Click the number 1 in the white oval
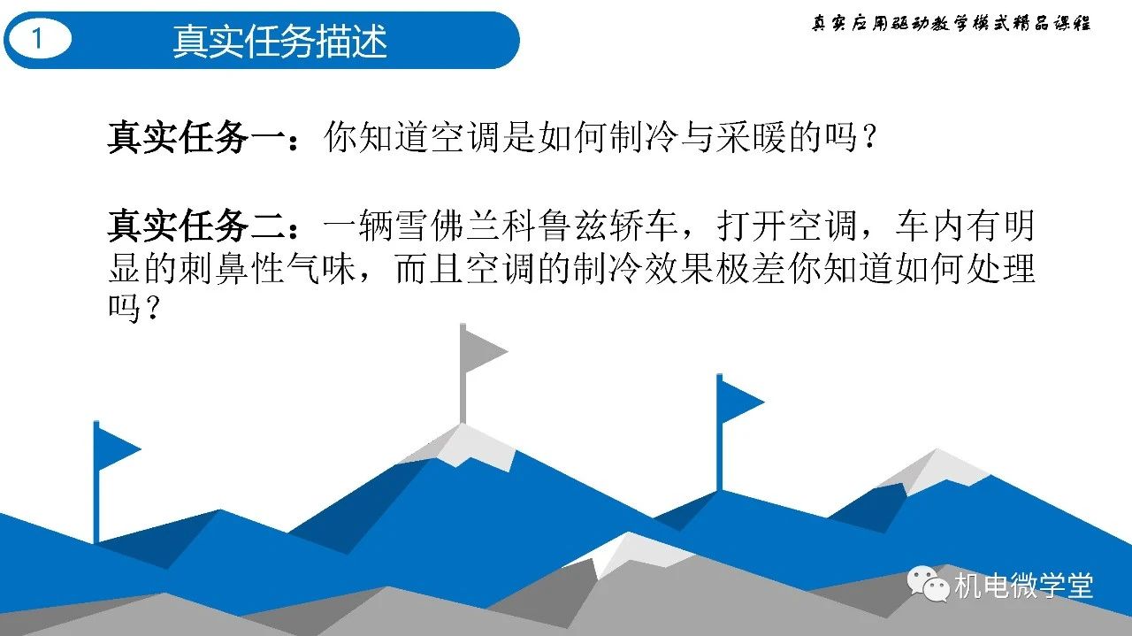click(37, 38)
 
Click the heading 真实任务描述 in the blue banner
click(280, 41)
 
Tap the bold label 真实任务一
click(195, 137)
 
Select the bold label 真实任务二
click(195, 225)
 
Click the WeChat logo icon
click(928, 584)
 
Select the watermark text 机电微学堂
click(1024, 586)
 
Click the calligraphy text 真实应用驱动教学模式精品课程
click(951, 23)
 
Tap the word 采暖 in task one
click(750, 137)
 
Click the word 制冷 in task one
click(643, 137)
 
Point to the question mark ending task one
click(868, 137)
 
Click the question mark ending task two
click(152, 308)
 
